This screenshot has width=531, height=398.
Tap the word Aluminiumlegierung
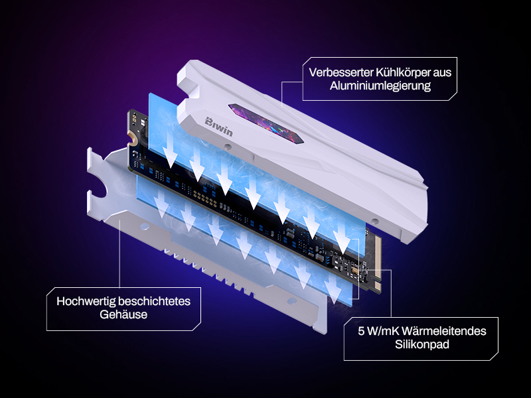coord(380,86)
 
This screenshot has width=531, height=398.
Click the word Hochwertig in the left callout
coord(86,301)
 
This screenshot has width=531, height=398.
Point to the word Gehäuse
coord(123,314)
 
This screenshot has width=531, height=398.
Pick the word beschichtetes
coord(155,301)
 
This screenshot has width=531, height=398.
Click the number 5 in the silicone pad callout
coord(361,331)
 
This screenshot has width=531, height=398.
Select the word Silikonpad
coord(422,344)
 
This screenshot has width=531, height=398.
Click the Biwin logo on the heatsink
coord(219,127)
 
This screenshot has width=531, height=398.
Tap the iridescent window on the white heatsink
coord(266,123)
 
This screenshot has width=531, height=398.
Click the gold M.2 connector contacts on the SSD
coord(377,262)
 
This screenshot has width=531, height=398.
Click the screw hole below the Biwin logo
coord(228,147)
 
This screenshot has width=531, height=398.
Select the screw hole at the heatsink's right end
coord(374,222)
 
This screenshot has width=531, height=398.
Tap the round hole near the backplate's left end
coord(144,226)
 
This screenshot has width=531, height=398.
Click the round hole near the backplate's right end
coord(291,300)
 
